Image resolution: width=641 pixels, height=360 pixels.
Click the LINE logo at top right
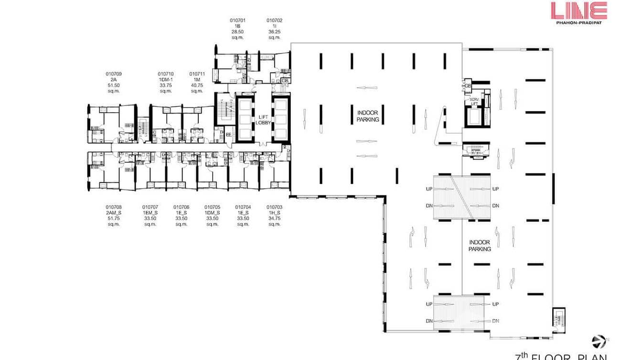click(x=578, y=11)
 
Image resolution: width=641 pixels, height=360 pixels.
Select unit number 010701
click(x=237, y=21)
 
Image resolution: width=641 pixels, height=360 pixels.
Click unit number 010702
click(x=274, y=21)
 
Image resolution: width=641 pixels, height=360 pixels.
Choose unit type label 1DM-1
click(x=166, y=79)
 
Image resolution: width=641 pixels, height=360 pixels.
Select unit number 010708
click(x=113, y=207)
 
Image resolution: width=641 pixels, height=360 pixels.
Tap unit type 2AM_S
click(x=113, y=213)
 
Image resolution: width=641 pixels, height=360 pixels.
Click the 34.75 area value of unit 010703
click(x=274, y=218)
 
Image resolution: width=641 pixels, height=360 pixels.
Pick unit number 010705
click(x=212, y=207)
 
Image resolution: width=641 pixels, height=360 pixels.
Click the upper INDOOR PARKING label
click(x=368, y=116)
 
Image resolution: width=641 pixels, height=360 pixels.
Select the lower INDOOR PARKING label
click(x=480, y=246)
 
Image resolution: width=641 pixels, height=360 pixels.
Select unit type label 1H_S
click(x=274, y=213)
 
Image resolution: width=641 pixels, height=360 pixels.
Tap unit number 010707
click(x=150, y=207)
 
